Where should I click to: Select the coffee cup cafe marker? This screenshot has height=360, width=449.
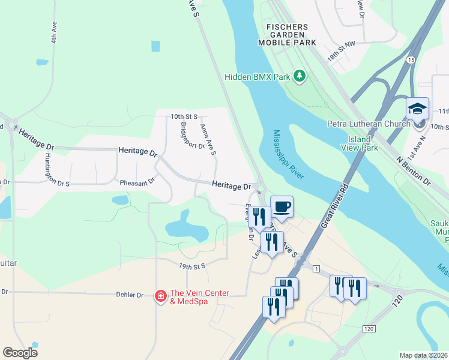pos(282,207)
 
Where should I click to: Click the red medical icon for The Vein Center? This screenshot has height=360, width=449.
pos(160,296)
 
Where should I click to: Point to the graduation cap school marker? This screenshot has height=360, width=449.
pos(417,109)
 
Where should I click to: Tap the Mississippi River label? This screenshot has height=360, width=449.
pos(289,154)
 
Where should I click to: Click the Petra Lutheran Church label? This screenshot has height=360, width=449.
pos(368,124)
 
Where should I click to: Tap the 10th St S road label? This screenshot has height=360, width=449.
pos(184,116)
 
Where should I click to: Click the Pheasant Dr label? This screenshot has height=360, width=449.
pos(137,180)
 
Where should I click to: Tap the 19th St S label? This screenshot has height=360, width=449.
pos(192,265)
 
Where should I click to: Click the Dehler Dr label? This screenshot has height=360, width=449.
pos(129,295)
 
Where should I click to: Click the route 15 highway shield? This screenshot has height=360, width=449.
pos(411,60)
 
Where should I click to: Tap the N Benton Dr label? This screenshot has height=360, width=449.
pos(414,170)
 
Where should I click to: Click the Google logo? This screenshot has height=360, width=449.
pos(20,353)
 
